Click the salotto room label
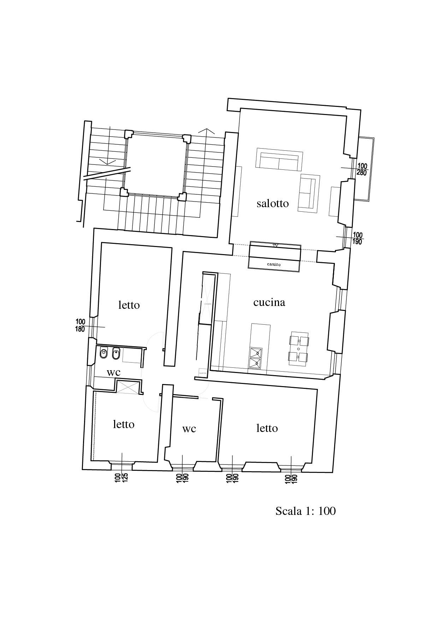tap(272, 204)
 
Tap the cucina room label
tap(269, 302)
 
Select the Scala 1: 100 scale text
tap(305, 511)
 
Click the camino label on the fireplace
tap(274, 264)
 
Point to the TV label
tap(276, 245)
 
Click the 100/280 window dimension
tap(362, 169)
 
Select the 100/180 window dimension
tap(81, 325)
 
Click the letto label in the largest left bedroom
tap(129, 305)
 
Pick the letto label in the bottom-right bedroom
tap(267, 428)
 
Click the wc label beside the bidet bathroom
tap(113, 372)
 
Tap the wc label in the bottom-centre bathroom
tap(189, 429)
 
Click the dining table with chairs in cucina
tap(299, 349)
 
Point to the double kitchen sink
tap(256, 357)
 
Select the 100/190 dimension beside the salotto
tap(357, 238)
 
